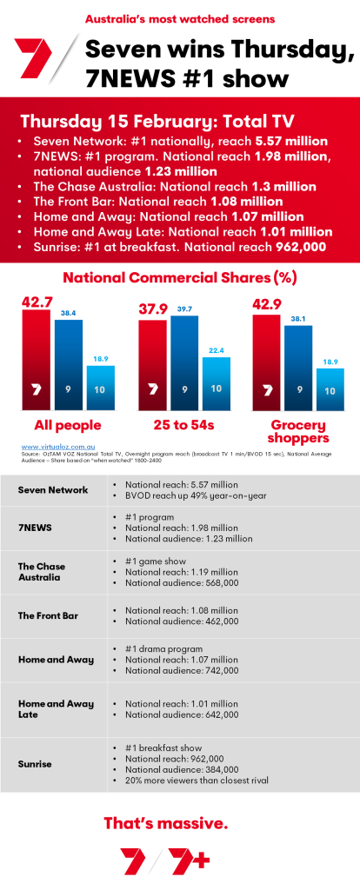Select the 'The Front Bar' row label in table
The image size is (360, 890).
(47, 615)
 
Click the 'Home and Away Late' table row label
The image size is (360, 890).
(57, 709)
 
